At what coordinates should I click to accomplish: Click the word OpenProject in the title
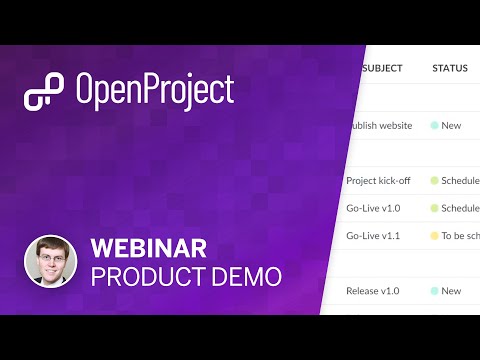coord(154,91)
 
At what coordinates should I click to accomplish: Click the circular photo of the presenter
coord(50,261)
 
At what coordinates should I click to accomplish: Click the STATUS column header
coord(450,69)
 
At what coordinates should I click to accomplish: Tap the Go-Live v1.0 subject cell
coord(372,208)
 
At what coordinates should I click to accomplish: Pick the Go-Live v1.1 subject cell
coord(372,236)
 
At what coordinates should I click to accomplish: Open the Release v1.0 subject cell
coord(373,291)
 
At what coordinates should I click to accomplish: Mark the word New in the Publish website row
coord(451,126)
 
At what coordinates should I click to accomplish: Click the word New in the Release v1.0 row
coord(451,291)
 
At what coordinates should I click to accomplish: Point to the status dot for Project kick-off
coord(434,181)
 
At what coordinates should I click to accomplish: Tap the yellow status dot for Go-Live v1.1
coord(434,236)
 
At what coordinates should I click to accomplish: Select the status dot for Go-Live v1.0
coord(434,208)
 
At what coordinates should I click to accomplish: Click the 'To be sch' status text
coord(460,236)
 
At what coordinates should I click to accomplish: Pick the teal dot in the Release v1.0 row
coord(434,291)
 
